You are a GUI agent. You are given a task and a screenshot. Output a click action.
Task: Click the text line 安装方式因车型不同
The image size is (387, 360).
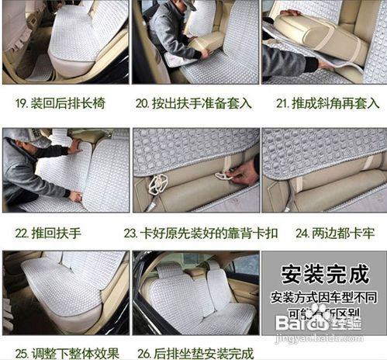(x=323, y=298)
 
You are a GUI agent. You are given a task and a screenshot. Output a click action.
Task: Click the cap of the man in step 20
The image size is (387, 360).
(x=187, y=5)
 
